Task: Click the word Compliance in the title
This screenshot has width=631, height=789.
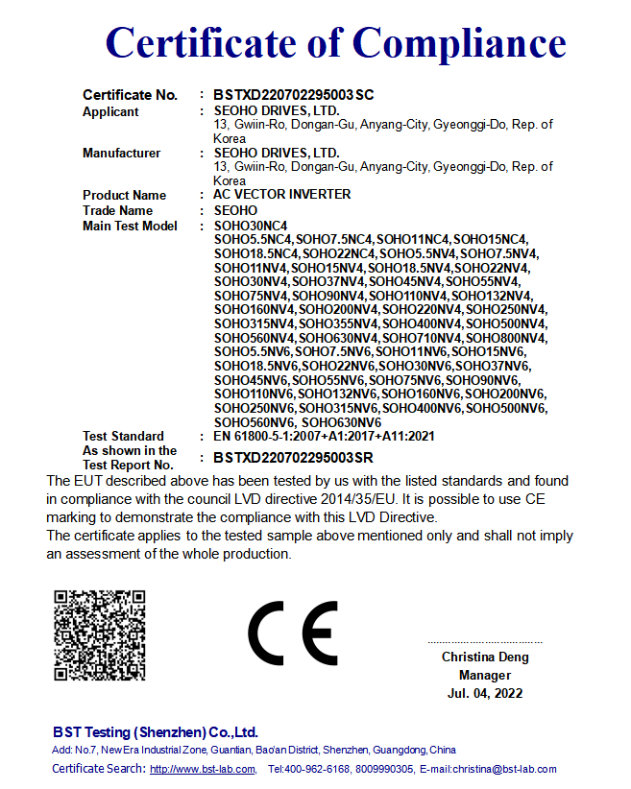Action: [460, 43]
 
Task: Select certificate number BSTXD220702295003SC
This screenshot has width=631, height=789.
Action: [293, 95]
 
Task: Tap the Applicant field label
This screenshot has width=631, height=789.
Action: [110, 111]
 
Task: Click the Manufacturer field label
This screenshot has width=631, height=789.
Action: [121, 153]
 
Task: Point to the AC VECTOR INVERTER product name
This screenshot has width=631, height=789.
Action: [281, 195]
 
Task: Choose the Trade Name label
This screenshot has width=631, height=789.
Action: [117, 210]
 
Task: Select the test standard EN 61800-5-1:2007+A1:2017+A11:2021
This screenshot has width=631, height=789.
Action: [324, 436]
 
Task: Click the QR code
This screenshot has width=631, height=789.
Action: [100, 635]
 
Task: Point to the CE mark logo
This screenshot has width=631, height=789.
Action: [293, 634]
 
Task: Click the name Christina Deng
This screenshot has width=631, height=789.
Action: [485, 657]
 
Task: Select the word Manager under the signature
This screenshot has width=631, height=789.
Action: [485, 676]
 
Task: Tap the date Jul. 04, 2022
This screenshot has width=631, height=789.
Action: [485, 693]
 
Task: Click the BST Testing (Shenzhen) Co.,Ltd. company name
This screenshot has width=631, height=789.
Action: [156, 731]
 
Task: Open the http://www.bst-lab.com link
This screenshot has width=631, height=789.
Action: [203, 769]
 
